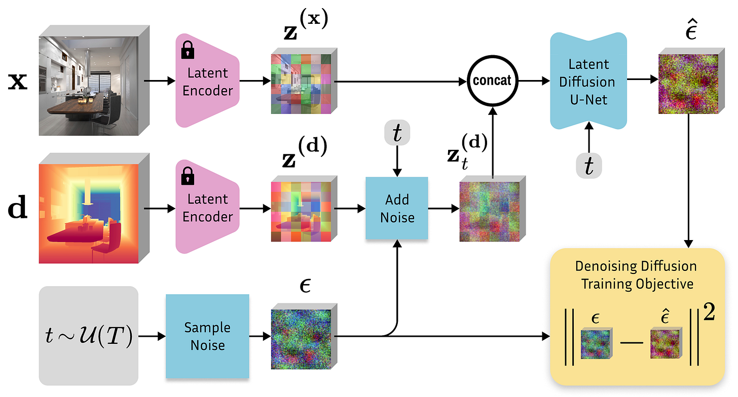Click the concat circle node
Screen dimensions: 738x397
(x=493, y=81)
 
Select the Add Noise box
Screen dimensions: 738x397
(x=397, y=209)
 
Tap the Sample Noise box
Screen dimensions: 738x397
(x=208, y=336)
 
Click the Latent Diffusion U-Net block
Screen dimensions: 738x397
(x=588, y=81)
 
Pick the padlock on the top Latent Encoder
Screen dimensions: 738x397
(x=188, y=50)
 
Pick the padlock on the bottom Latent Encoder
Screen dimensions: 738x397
(x=188, y=176)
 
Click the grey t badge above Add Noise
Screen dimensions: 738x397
(x=397, y=133)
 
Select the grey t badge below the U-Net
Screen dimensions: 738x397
(x=589, y=166)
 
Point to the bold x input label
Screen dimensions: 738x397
(x=17, y=81)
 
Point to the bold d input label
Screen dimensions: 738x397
(x=17, y=207)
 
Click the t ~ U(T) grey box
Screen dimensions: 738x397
(x=89, y=336)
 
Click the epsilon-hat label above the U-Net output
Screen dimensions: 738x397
(x=691, y=30)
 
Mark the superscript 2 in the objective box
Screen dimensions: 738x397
(x=709, y=312)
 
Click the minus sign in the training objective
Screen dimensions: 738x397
(x=632, y=343)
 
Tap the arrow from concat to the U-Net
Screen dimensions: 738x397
(x=534, y=81)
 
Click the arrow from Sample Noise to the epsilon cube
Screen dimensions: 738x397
(x=261, y=336)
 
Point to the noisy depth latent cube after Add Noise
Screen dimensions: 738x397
(x=493, y=209)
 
